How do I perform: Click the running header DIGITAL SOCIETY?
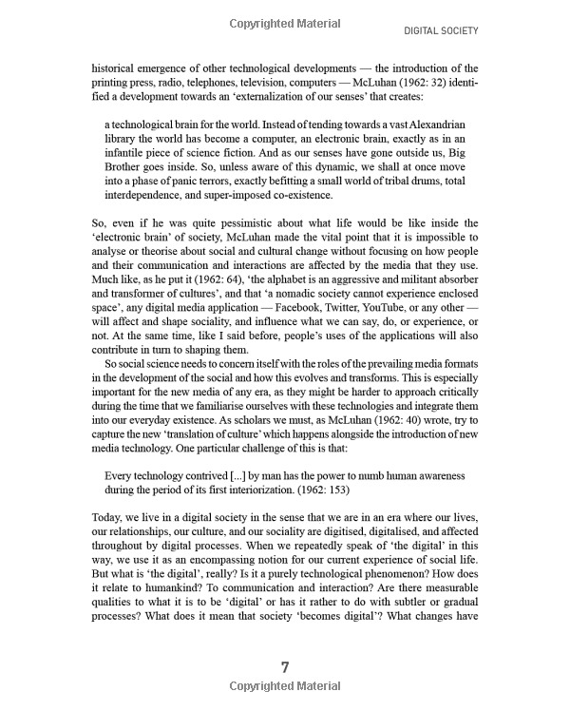coord(441,30)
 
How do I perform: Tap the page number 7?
coord(285,666)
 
